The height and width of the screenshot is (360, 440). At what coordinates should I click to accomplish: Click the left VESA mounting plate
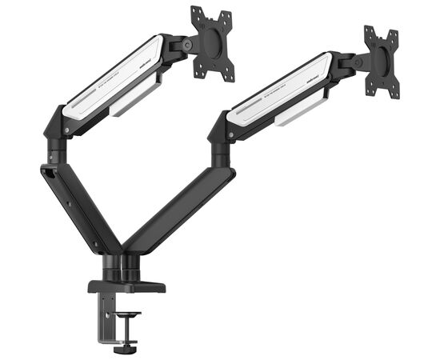pyautogui.click(x=211, y=43)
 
